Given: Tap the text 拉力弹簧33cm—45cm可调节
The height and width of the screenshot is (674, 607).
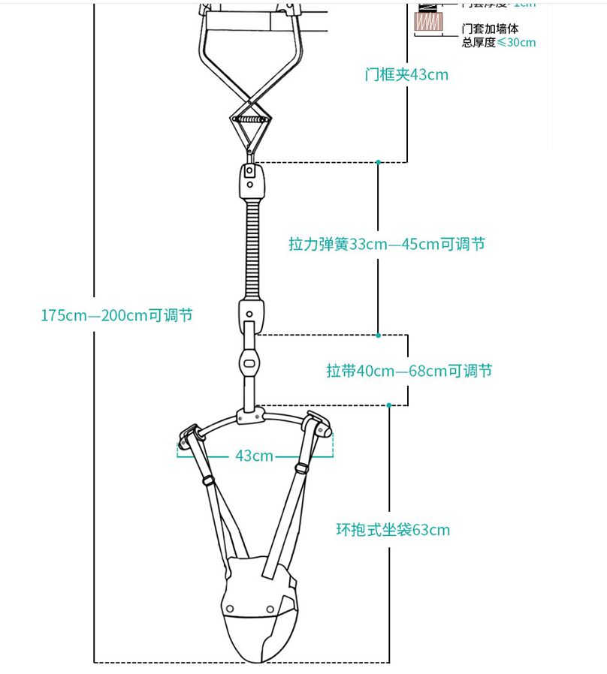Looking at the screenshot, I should pos(387,244).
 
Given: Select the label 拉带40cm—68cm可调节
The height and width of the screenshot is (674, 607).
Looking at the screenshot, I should pos(409,371).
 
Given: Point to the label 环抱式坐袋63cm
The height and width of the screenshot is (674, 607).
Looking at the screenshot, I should pos(393,530).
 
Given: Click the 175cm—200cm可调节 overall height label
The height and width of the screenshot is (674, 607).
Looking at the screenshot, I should pos(116,315).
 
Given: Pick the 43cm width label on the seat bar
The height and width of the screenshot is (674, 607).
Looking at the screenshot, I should pos(254,456).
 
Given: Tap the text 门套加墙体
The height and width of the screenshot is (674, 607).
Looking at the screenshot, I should pos(490,29).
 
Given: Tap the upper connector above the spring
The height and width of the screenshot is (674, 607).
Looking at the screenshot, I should pos(252,180).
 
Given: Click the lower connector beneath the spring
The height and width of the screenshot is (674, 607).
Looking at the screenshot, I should pos(252,314).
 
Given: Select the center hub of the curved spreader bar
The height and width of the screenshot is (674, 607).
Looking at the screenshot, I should pos(250,414).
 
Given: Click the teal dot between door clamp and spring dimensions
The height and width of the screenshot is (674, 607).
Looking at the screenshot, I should pos(379,162).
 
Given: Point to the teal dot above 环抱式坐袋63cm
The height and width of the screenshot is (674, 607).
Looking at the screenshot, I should pos(388,405).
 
